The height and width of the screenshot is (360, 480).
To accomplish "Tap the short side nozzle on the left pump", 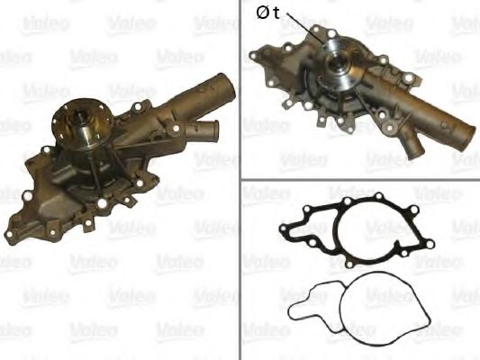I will click(x=204, y=131).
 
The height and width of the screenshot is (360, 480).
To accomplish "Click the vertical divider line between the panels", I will click(x=240, y=180).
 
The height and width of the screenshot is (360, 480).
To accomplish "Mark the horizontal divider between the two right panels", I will click(x=360, y=178).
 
